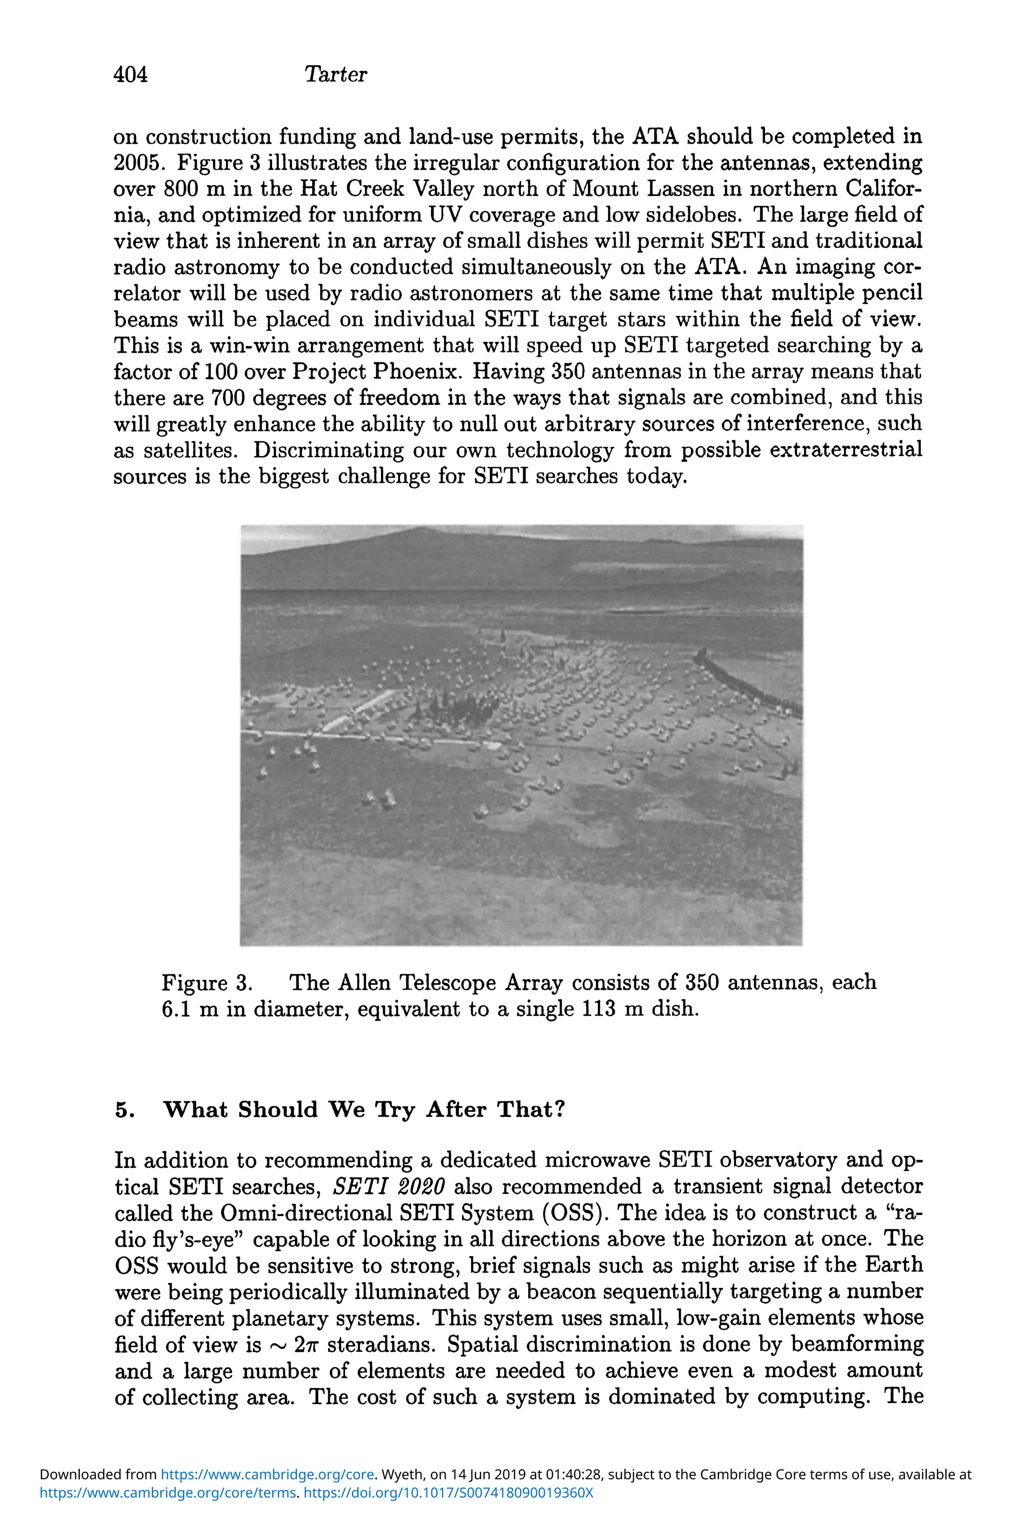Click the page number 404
(131, 74)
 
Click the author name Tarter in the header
(335, 74)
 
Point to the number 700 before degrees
(228, 398)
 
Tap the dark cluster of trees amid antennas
(462, 707)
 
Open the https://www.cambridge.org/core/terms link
(167, 1492)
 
